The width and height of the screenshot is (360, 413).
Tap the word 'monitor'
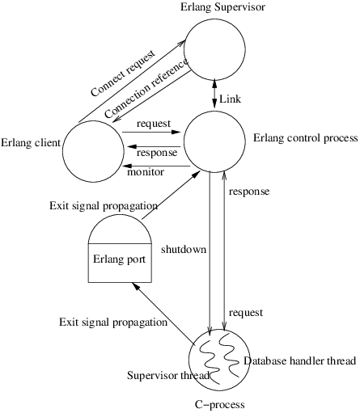(x=146, y=172)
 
